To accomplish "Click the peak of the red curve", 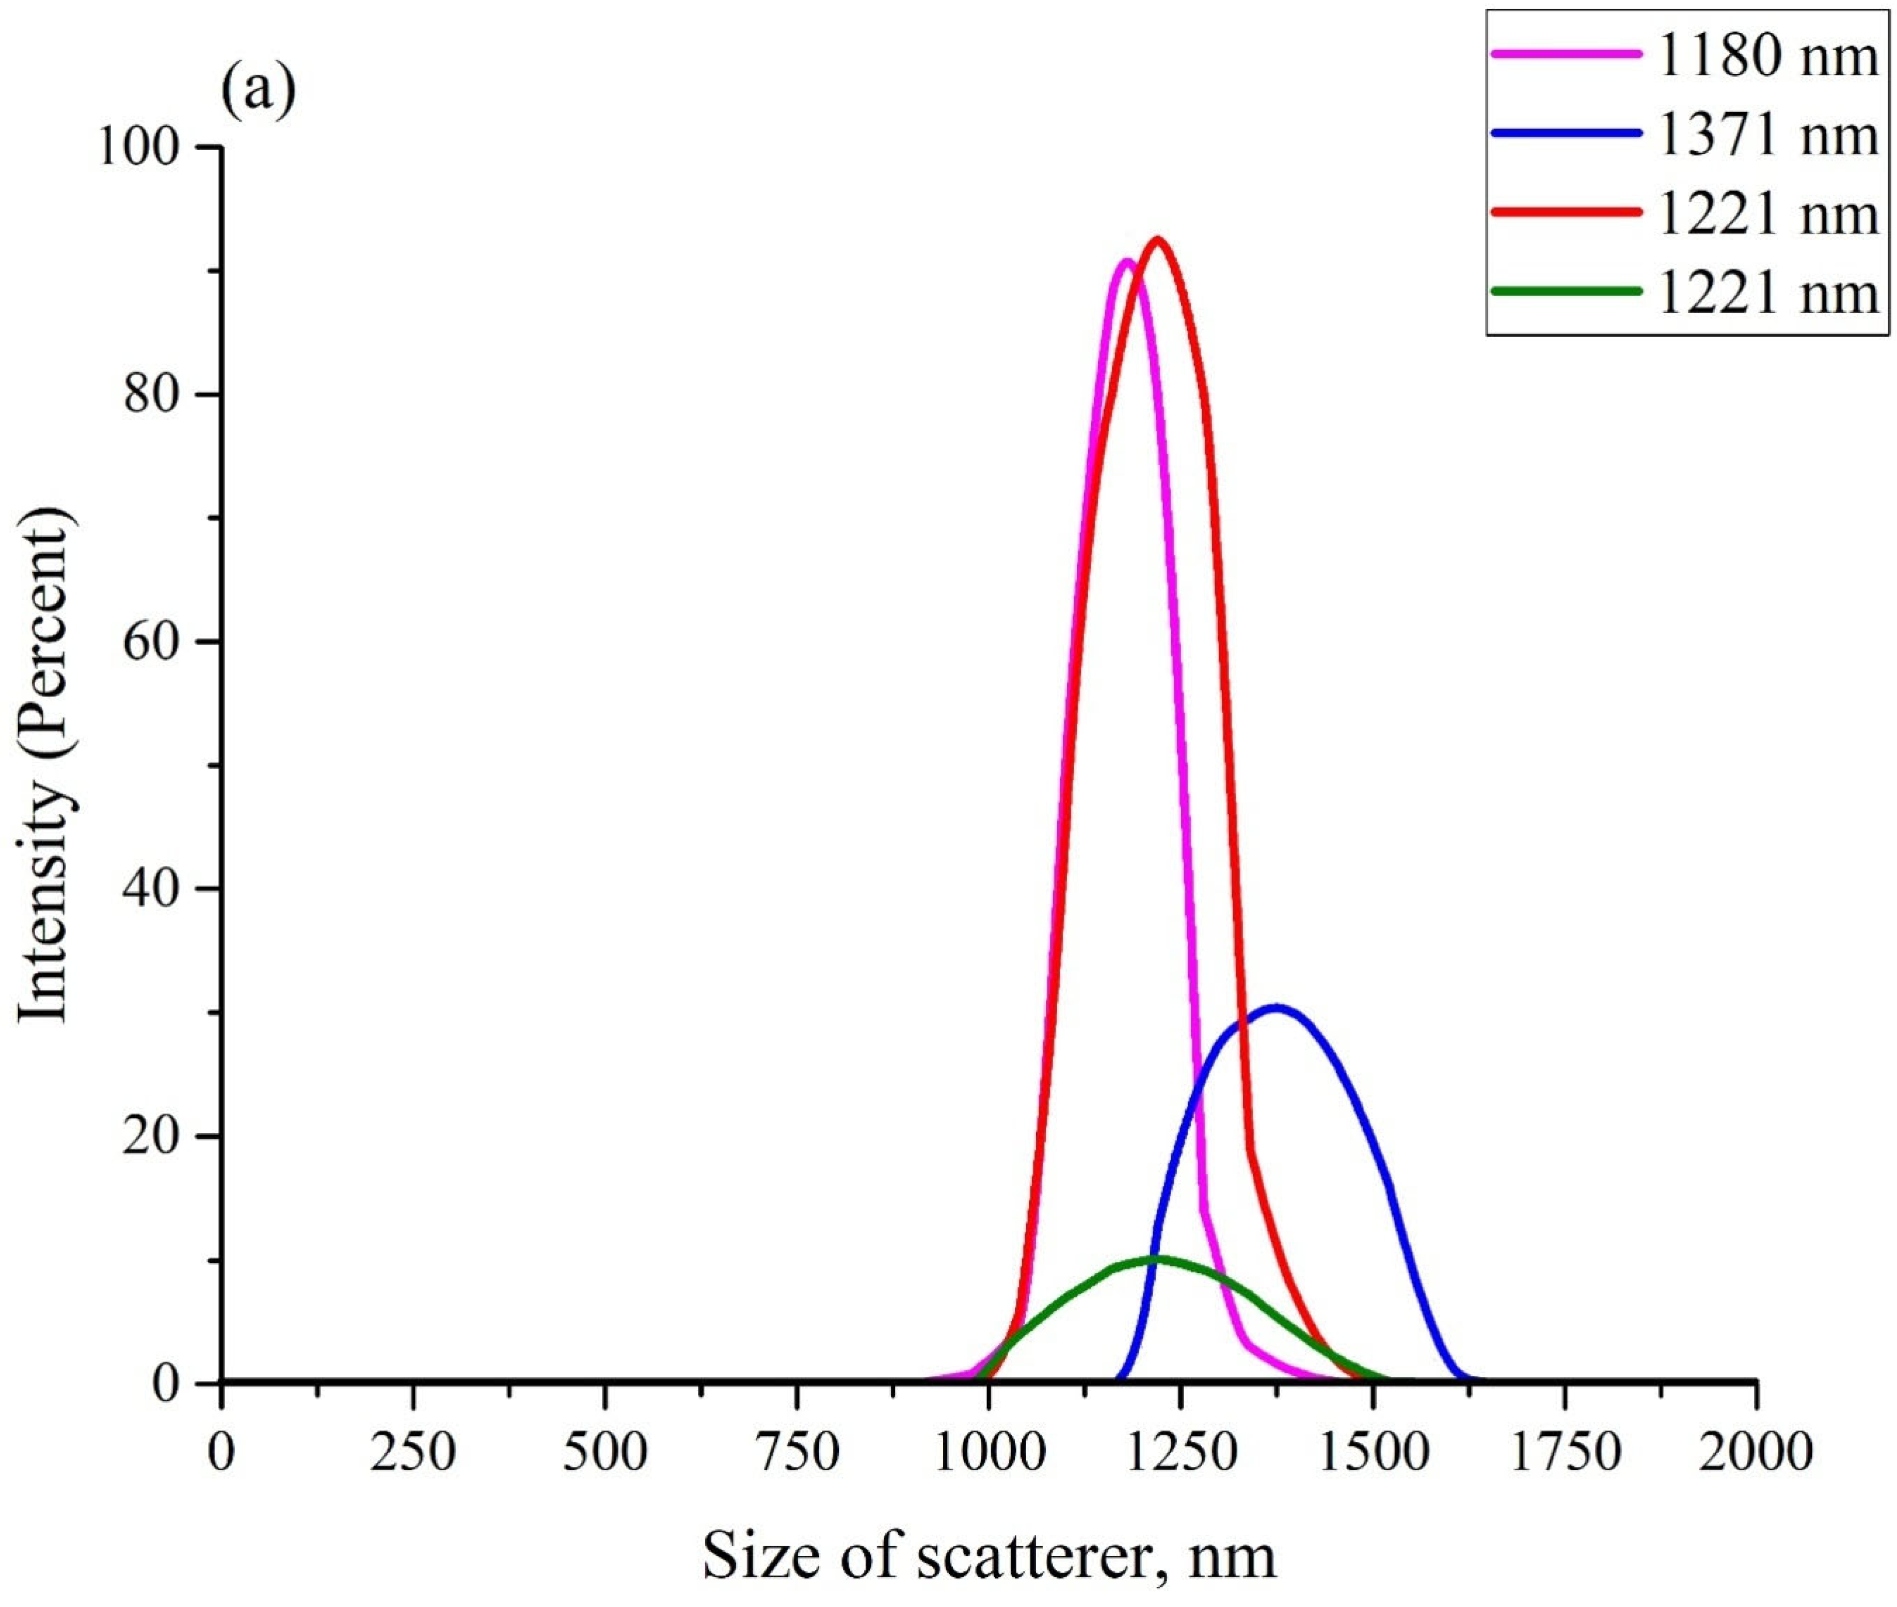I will coord(1158,240).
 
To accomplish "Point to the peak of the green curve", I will coord(1157,1260).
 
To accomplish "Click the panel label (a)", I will coord(259,91).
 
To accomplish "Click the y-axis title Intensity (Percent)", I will coord(45,765).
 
